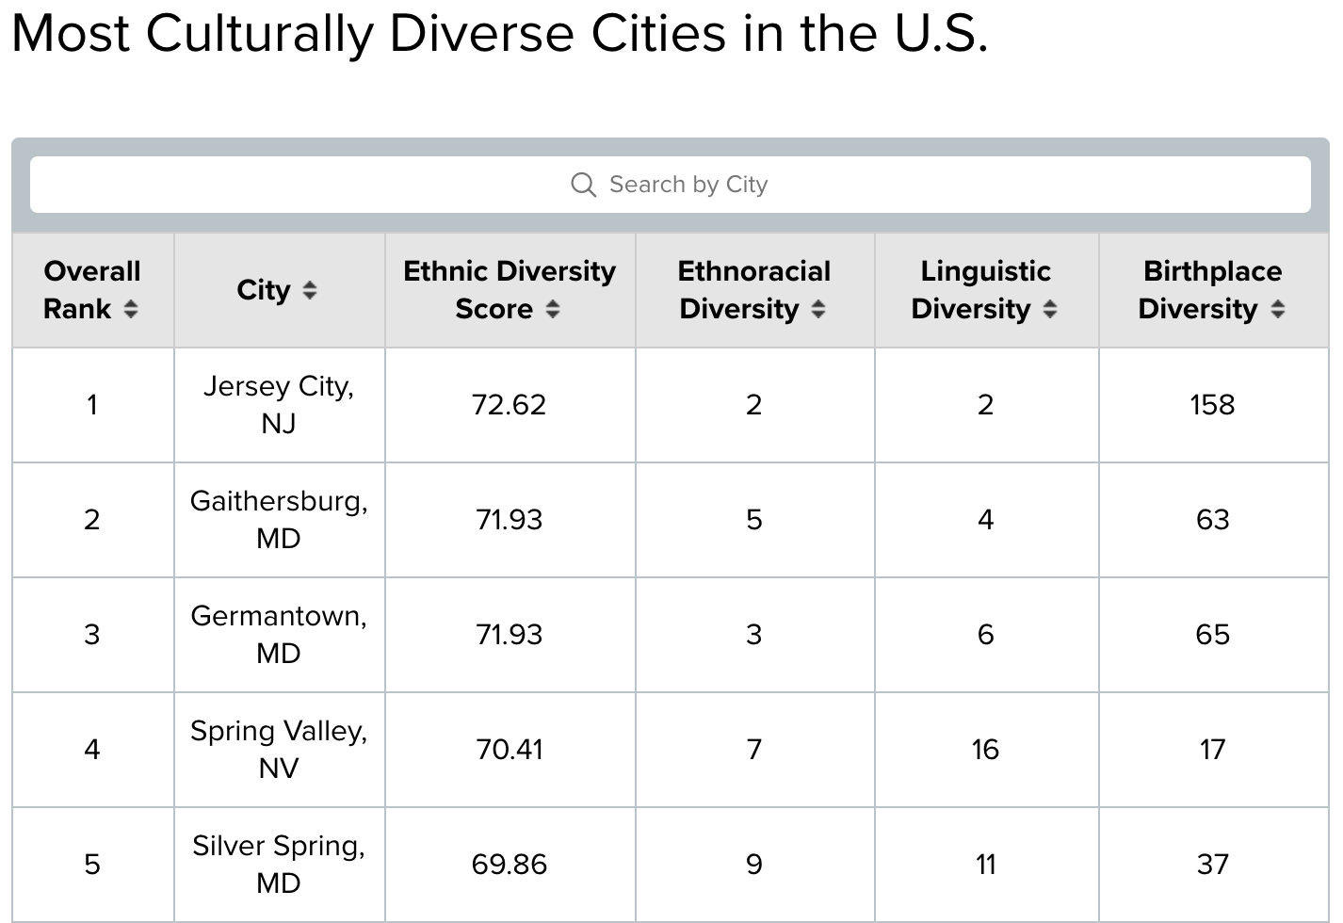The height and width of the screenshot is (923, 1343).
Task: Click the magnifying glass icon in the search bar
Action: (583, 185)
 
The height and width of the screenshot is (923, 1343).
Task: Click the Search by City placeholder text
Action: (688, 184)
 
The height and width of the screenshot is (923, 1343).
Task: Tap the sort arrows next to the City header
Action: (309, 290)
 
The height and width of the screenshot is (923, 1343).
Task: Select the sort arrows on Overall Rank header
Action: (131, 310)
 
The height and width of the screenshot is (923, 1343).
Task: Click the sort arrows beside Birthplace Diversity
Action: (1278, 310)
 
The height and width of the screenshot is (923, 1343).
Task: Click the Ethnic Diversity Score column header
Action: (510, 290)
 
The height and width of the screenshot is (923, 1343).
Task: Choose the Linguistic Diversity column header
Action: (986, 290)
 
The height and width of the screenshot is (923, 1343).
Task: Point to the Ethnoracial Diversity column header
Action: (754, 290)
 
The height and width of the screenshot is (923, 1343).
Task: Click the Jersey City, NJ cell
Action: (279, 405)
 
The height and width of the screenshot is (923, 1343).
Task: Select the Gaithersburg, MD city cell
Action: (279, 519)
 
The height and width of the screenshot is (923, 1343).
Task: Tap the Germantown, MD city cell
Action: (279, 635)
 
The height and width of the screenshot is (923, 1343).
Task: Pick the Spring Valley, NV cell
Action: (279, 749)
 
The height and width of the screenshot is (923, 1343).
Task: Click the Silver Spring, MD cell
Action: (279, 865)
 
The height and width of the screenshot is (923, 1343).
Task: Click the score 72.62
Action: (509, 405)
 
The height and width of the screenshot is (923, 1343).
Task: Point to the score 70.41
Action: (509, 750)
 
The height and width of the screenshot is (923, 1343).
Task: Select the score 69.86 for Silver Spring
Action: (509, 865)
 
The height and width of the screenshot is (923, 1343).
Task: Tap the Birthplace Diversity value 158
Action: (1212, 405)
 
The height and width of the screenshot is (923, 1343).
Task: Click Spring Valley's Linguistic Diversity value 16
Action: (986, 750)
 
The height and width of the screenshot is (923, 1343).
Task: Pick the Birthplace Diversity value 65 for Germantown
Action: (1212, 635)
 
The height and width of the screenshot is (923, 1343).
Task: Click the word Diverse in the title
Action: (481, 34)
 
